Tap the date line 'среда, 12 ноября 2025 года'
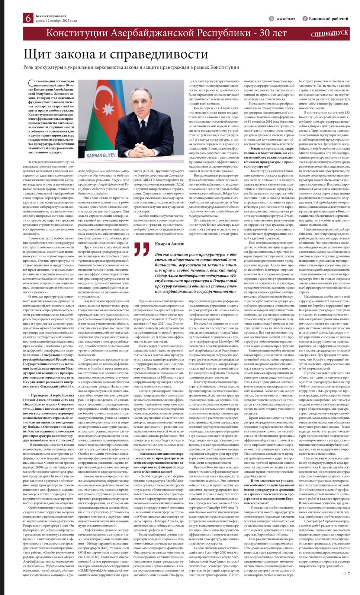(56, 21)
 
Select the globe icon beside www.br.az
(271, 19)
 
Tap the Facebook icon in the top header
(305, 19)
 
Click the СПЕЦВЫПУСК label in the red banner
(330, 33)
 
